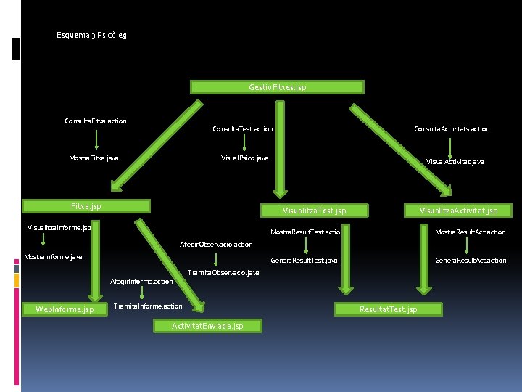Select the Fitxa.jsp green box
tap(86, 206)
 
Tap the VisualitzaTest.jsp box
tap(314, 211)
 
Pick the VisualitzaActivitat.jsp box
tap(459, 211)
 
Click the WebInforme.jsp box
tap(65, 310)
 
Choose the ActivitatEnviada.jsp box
tap(207, 326)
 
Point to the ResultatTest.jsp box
tap(389, 309)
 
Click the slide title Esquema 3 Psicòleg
tap(91, 35)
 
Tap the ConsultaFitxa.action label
tap(96, 121)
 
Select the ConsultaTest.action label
tap(242, 129)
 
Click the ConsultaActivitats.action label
tap(452, 129)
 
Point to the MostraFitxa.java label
tap(94, 158)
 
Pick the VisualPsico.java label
tap(244, 158)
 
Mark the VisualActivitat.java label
tap(455, 162)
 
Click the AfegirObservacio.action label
tap(216, 245)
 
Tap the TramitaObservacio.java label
tap(223, 273)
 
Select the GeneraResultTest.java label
tap(304, 260)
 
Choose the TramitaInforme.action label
tap(148, 306)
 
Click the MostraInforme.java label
tap(53, 256)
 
